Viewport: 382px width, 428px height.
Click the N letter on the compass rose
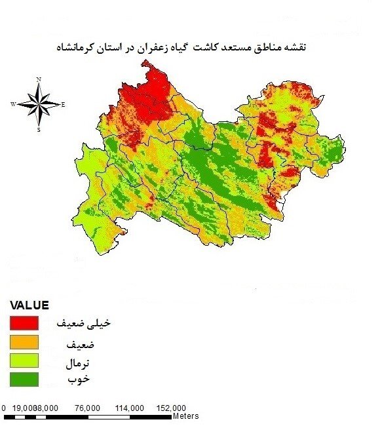tap(39, 79)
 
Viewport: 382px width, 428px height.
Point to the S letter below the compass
tap(39, 130)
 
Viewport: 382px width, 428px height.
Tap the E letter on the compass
tap(63, 104)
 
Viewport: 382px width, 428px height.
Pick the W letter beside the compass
tap(13, 104)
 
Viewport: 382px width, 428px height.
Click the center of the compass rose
tap(39, 104)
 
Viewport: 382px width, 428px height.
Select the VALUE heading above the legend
tap(29, 305)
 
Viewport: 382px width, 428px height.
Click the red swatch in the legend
tap(24, 323)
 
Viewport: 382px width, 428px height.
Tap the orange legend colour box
tap(24, 341)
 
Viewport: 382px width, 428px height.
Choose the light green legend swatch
tap(24, 360)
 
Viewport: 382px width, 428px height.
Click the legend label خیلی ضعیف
tap(76, 324)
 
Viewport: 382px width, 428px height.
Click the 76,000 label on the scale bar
tap(88, 408)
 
